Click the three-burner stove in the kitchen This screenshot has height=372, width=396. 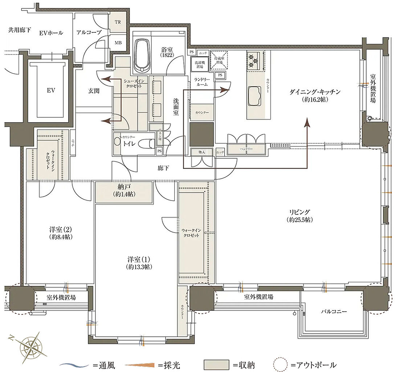[x=253, y=60]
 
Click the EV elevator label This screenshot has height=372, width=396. [x=50, y=90]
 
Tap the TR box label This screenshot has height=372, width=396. [x=118, y=22]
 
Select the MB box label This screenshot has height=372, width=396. [x=118, y=43]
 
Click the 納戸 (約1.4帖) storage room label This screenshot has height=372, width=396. [x=123, y=190]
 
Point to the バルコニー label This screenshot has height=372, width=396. [x=334, y=312]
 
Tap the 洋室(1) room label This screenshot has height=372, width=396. [x=139, y=263]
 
